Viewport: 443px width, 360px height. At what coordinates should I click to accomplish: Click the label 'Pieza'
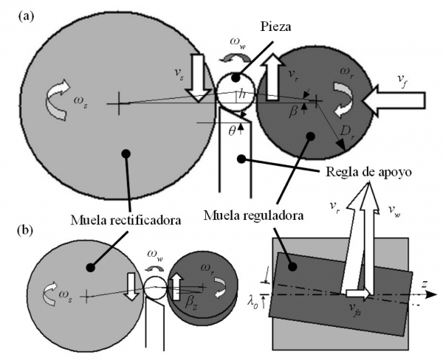tap(275, 27)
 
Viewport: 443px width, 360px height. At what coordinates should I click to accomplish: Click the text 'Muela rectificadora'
tap(126, 220)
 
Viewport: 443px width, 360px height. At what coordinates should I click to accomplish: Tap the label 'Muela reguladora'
tap(253, 215)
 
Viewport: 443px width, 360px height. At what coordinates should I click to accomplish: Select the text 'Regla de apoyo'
tap(368, 172)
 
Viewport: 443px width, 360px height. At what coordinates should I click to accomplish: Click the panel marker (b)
tap(25, 230)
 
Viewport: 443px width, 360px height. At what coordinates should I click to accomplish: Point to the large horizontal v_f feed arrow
tap(394, 100)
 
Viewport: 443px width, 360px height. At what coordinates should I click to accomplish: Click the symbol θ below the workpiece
tap(231, 131)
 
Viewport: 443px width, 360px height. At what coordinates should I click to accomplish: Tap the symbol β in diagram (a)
tap(293, 111)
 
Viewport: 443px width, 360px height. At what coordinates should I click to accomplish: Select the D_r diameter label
tap(346, 131)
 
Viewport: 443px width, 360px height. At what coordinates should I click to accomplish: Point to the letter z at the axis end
tap(424, 284)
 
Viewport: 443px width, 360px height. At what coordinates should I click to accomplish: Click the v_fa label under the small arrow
tap(354, 308)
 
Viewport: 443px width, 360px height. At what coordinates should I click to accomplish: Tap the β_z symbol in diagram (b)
tap(190, 303)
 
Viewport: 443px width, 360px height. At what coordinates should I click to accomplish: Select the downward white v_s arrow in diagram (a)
tap(199, 77)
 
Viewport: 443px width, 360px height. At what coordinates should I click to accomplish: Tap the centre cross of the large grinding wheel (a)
tap(119, 103)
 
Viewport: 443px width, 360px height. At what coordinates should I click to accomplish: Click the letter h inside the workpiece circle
tap(242, 94)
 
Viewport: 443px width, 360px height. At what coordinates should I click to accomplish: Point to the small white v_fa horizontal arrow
tap(357, 294)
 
